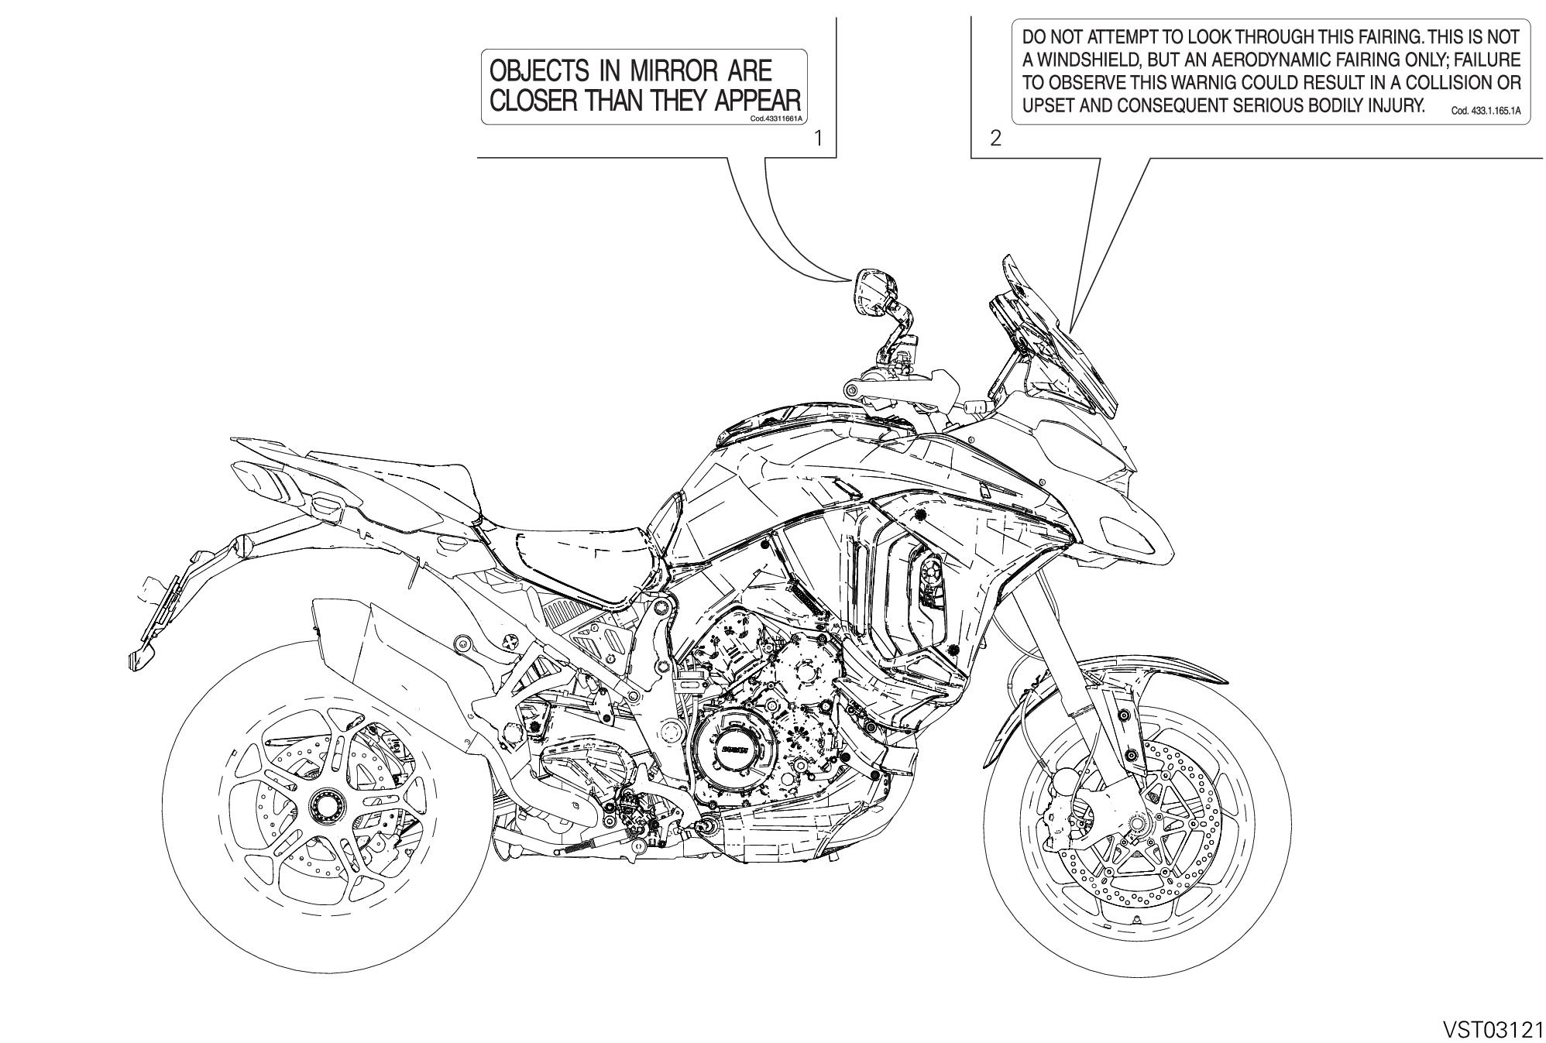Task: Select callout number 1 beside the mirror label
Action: coord(819,139)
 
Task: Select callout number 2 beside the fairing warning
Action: coord(995,139)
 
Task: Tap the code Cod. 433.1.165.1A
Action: coord(1486,111)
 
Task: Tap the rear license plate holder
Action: coord(159,612)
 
